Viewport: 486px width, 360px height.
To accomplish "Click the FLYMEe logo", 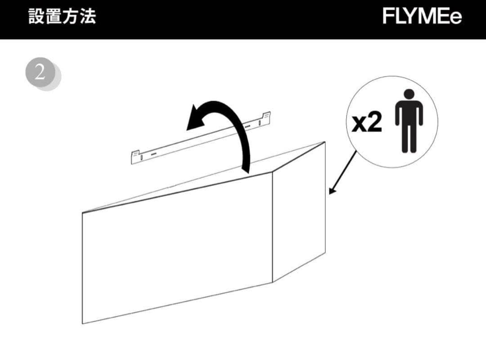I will tap(422, 17).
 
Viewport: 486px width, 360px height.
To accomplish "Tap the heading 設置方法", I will tap(62, 17).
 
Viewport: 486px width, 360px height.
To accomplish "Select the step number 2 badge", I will tap(40, 72).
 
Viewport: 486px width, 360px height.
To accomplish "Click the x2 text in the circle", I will tap(367, 122).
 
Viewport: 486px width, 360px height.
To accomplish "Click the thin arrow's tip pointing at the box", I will tap(330, 193).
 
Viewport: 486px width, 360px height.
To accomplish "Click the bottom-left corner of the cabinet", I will tap(83, 323).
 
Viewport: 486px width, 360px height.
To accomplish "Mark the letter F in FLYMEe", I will tap(388, 17).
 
